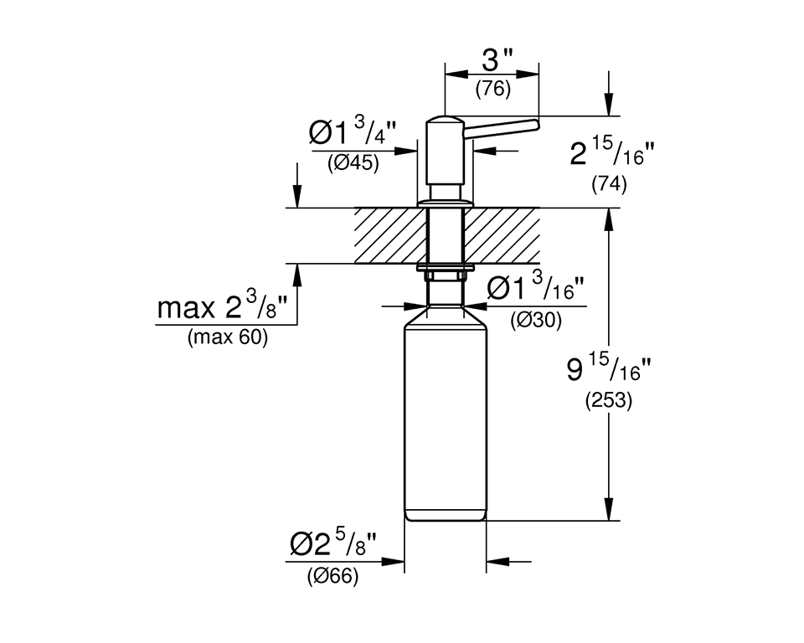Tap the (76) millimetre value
[x=492, y=90]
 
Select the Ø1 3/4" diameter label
[x=353, y=131]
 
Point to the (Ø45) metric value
[x=353, y=163]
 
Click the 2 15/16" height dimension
[x=612, y=152]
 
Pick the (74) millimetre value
[x=609, y=184]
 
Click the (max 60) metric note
[x=228, y=337]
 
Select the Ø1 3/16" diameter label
[x=535, y=287]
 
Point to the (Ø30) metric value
[x=536, y=321]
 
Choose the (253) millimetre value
[x=609, y=400]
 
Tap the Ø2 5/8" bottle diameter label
[x=333, y=544]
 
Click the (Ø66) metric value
[x=332, y=576]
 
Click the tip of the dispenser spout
[x=538, y=124]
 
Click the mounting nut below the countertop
[x=445, y=273]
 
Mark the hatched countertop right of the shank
[x=502, y=235]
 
